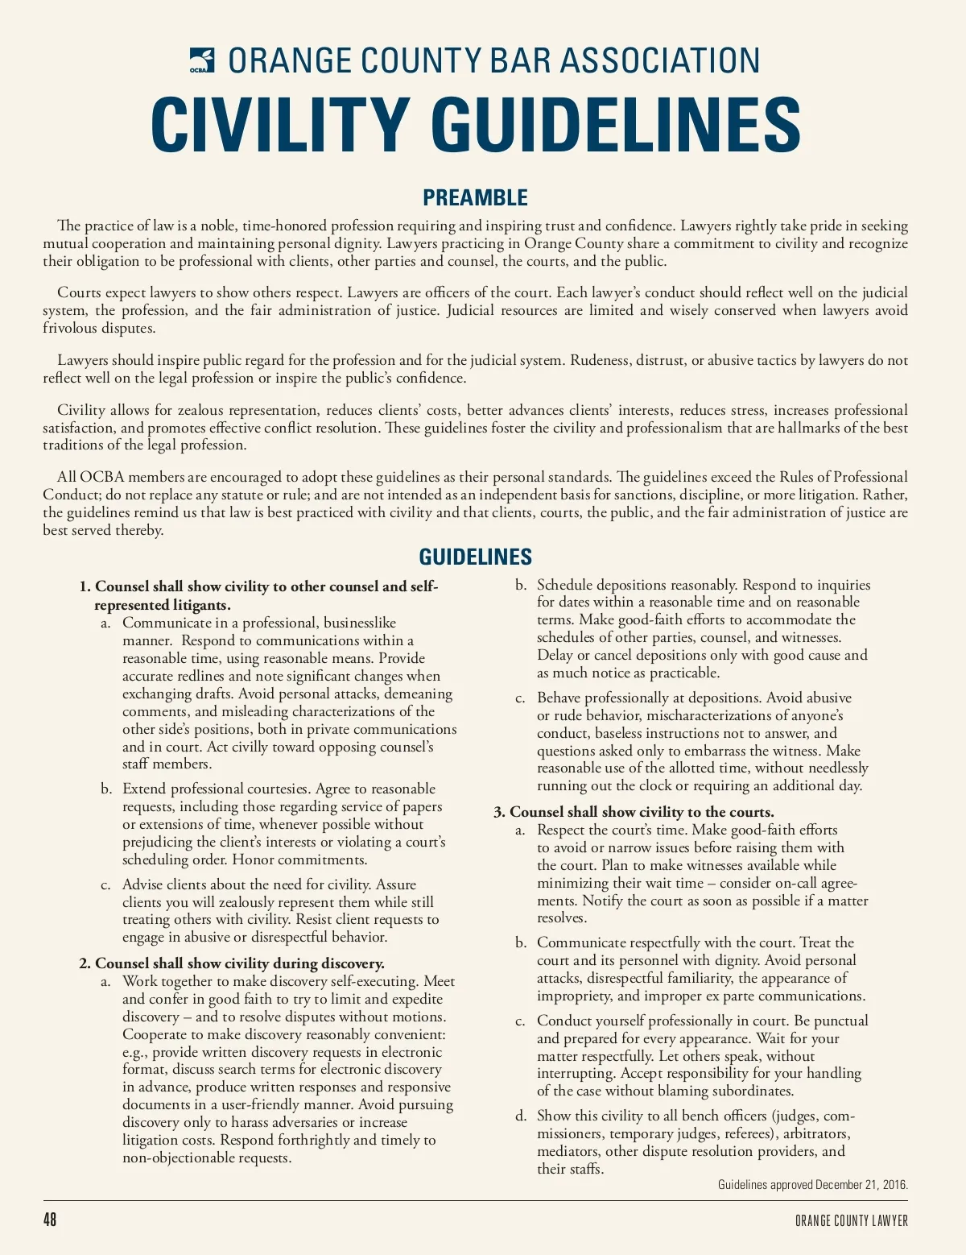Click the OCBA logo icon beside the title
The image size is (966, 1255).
pos(202,60)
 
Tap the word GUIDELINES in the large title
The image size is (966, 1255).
pos(616,125)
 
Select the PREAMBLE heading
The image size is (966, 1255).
pos(475,197)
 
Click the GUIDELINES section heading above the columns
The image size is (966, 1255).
pos(475,557)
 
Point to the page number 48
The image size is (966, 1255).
pos(50,1220)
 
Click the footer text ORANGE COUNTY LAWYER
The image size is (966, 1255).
pos(852,1220)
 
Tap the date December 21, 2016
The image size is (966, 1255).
pos(860,1185)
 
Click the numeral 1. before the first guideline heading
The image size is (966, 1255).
pos(85,586)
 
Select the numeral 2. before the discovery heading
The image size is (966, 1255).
pos(85,963)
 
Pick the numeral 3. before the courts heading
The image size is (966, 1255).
pos(499,812)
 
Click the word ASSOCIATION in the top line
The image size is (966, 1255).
pos(659,61)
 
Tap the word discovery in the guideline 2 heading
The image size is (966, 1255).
pos(351,963)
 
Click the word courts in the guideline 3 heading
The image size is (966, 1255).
pos(751,812)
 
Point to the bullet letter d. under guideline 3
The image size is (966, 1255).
pos(521,1116)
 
